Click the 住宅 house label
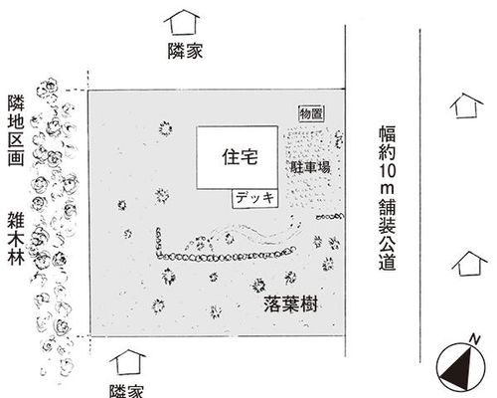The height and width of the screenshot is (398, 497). tap(241, 157)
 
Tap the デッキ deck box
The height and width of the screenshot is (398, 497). tap(254, 198)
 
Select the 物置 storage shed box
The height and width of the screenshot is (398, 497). tap(311, 113)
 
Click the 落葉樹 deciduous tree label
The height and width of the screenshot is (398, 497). tap(291, 303)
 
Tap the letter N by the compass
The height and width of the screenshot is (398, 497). tap(475, 339)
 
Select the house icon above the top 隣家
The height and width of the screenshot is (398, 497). tap(182, 22)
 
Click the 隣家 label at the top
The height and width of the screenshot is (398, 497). tap(185, 51)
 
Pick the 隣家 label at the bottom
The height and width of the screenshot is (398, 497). tap(126, 391)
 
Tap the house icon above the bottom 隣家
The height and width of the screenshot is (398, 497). tap(127, 362)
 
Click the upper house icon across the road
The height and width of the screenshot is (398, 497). tap(466, 105)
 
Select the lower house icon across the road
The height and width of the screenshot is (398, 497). tap(469, 264)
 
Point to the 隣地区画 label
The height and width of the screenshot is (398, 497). tap(16, 130)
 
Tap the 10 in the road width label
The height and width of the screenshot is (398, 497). tap(387, 171)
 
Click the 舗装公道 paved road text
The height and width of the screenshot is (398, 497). tap(388, 235)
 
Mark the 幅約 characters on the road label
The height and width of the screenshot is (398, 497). tap(388, 142)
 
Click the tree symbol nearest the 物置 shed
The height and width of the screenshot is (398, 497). tap(339, 139)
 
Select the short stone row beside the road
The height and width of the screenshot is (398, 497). tap(329, 217)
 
